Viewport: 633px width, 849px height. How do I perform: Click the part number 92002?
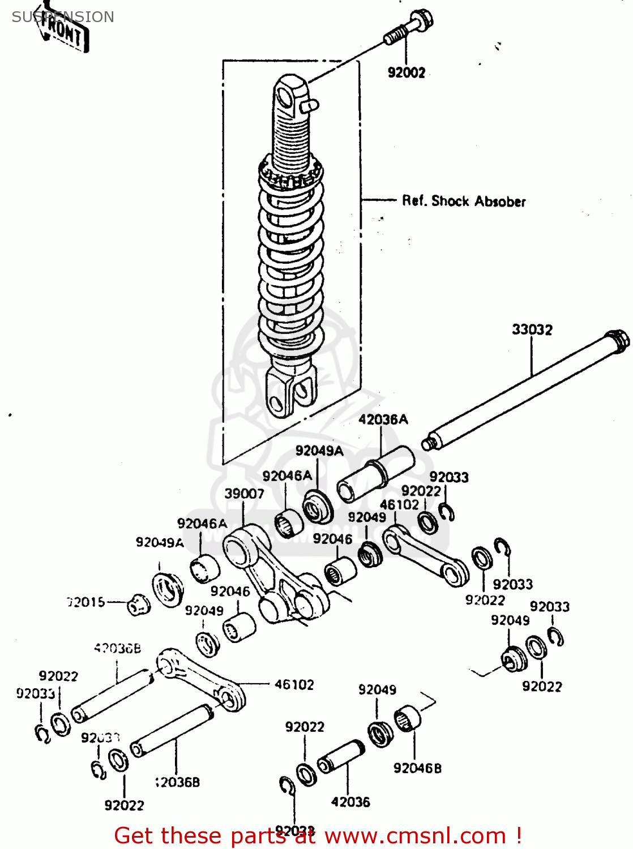(406, 72)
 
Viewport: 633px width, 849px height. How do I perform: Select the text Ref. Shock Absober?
(464, 201)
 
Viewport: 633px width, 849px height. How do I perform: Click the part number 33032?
(532, 329)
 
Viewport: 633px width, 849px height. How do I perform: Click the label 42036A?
(383, 419)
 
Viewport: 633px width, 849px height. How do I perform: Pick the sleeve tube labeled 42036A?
(375, 473)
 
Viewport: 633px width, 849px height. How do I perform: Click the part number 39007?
(244, 494)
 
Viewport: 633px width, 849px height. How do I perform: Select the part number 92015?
(87, 602)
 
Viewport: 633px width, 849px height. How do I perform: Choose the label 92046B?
(417, 768)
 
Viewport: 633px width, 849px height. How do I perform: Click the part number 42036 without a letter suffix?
(350, 802)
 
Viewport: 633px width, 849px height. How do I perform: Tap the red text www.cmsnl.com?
(414, 835)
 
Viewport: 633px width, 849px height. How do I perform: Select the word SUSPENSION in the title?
(63, 17)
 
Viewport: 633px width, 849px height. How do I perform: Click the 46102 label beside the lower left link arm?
(294, 685)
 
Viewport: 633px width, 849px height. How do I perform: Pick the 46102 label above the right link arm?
(399, 504)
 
